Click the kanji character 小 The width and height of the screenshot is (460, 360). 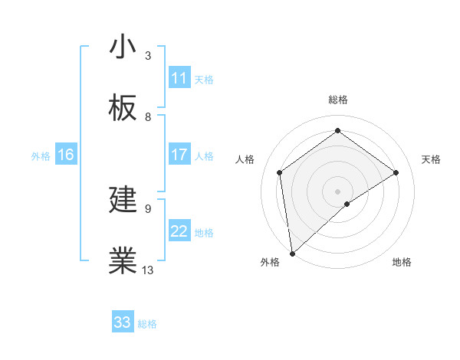123,47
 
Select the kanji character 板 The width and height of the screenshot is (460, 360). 123,109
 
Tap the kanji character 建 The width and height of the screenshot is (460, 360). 123,201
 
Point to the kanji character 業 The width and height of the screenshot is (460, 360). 123,262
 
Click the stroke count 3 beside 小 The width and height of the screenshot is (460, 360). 148,56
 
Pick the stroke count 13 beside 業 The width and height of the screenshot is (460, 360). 148,270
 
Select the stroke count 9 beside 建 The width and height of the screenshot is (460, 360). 148,208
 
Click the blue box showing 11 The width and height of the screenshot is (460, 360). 179,78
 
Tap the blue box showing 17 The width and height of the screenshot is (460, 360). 179,155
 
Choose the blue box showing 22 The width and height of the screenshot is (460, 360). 179,231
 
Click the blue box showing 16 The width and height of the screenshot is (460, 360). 66,155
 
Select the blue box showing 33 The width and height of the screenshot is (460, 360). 123,322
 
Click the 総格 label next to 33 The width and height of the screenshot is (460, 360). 147,324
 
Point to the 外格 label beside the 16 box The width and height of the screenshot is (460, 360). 41,156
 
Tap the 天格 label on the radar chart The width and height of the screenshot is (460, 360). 431,159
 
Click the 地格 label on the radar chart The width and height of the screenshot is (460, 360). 402,262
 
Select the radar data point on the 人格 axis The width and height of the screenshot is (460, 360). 280,172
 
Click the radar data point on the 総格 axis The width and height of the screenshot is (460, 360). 337,131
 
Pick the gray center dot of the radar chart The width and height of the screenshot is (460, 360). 337,191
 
